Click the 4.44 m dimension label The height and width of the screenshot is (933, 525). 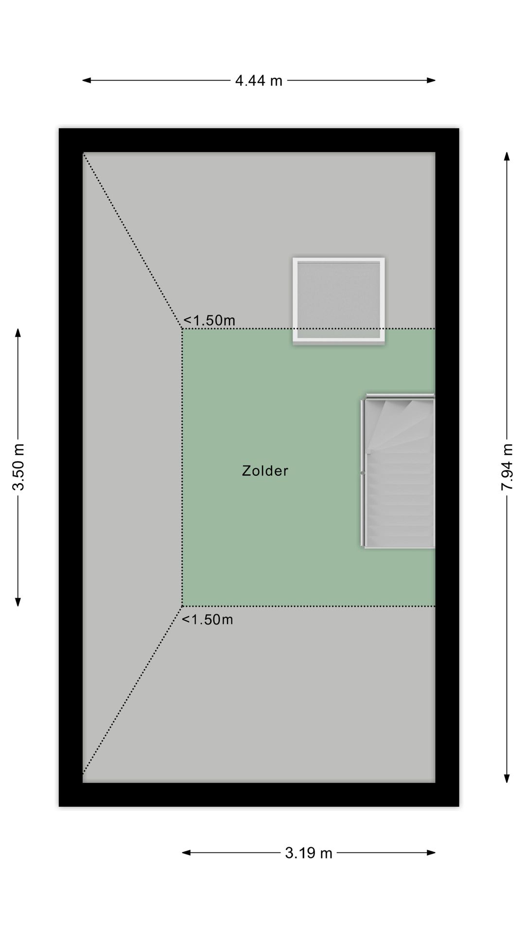(259, 81)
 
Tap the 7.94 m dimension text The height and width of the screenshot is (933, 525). (507, 466)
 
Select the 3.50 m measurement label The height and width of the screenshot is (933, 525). (18, 467)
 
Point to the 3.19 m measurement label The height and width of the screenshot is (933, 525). (308, 853)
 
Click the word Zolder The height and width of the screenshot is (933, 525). (265, 470)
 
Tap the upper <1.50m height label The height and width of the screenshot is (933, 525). (209, 320)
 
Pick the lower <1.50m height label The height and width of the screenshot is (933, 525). (208, 620)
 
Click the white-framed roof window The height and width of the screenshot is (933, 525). (338, 301)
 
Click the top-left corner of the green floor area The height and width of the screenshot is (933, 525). (183, 329)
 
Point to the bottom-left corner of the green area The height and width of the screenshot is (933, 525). (183, 606)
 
